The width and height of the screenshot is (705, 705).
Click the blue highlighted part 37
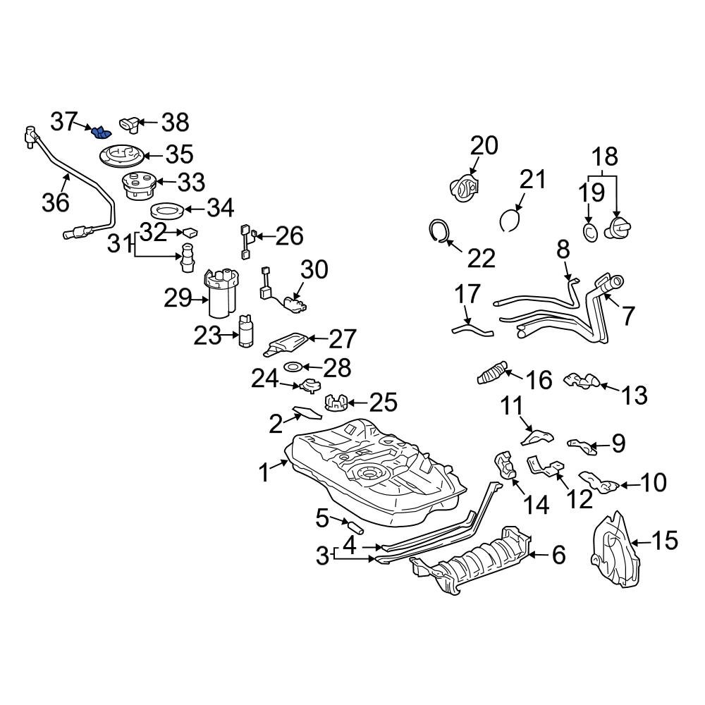[x=102, y=132]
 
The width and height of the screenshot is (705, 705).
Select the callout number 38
[x=174, y=123]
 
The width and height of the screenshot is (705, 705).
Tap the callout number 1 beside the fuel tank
[x=264, y=473]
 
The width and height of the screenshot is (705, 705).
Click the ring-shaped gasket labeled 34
[x=167, y=211]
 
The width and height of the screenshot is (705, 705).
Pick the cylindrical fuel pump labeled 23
[x=246, y=331]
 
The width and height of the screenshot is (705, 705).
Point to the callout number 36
[x=56, y=202]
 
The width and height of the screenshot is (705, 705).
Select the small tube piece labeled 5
[x=353, y=525]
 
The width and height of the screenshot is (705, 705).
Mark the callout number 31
[x=119, y=245]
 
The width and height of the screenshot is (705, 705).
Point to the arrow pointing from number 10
[x=628, y=484]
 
